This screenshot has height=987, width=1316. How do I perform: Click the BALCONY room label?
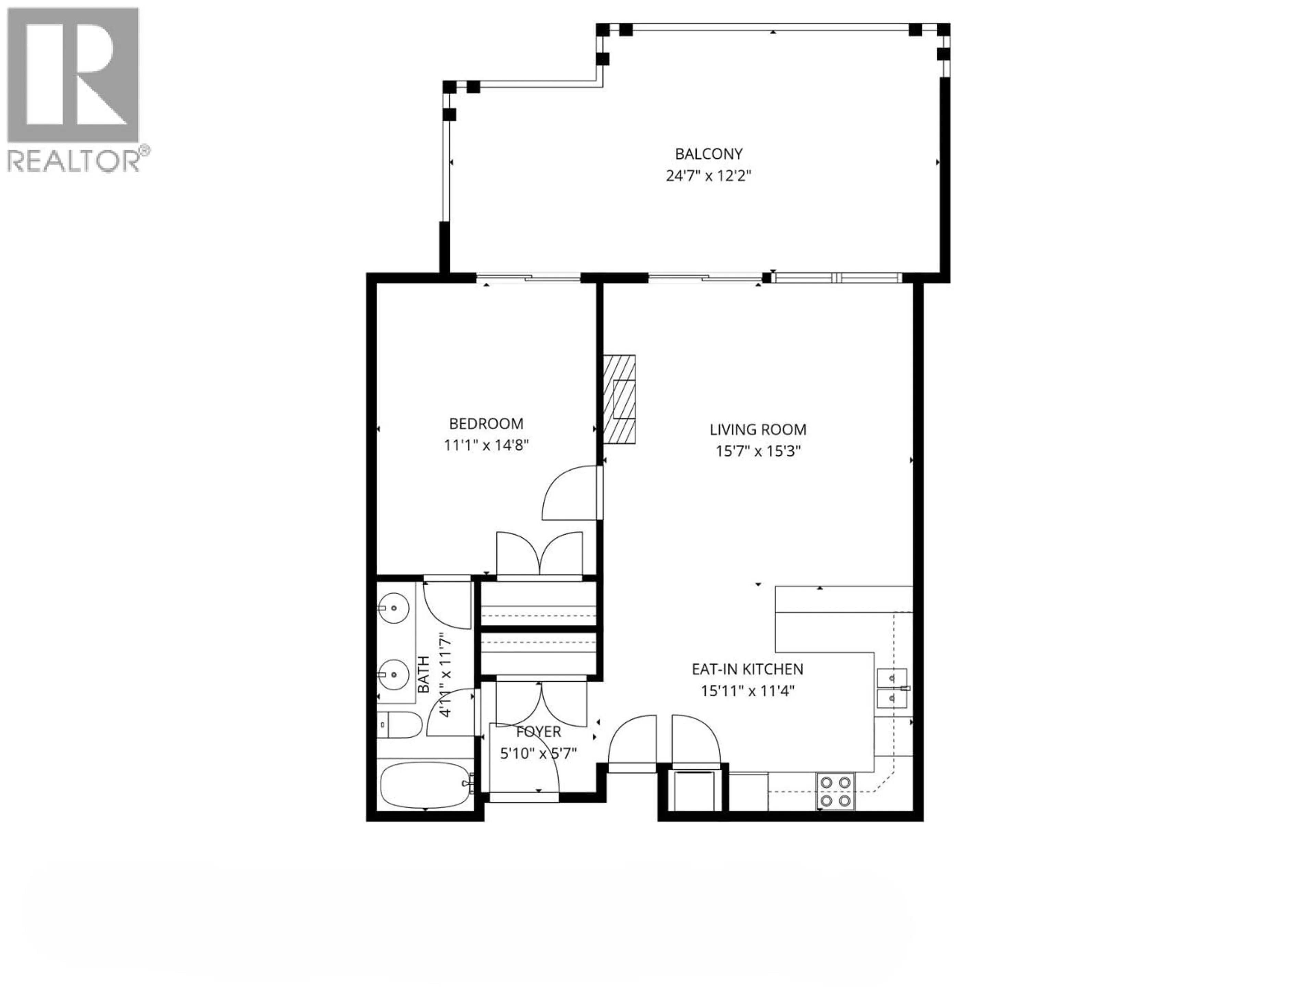coord(709,154)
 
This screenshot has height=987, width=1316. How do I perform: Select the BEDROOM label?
coord(486,424)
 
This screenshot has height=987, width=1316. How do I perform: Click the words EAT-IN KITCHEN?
coord(747,669)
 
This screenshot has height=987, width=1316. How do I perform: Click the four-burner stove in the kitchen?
coord(836,791)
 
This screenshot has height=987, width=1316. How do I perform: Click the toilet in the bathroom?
coord(400,724)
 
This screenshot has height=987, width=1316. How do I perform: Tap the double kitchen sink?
coord(892,688)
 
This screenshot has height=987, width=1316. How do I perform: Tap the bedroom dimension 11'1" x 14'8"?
coord(486,445)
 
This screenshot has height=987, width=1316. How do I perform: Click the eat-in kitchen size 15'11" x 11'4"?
coord(747,691)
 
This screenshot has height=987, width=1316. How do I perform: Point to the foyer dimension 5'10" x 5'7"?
coord(538,754)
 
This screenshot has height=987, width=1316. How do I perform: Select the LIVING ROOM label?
coord(758,429)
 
